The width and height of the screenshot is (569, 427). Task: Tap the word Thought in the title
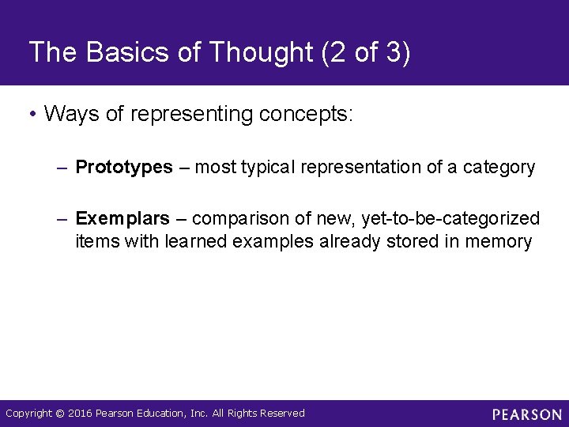click(x=254, y=53)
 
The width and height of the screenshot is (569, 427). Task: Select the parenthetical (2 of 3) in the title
click(x=365, y=53)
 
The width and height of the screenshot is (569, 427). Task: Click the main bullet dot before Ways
click(x=32, y=115)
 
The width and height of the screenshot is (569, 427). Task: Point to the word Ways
click(x=73, y=114)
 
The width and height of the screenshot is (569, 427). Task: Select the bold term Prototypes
click(x=124, y=168)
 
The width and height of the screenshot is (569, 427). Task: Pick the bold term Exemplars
click(x=122, y=218)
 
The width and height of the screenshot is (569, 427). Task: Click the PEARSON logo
click(x=526, y=414)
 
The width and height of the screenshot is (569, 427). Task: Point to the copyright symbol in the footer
click(x=60, y=414)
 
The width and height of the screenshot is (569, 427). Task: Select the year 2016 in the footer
click(x=80, y=414)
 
